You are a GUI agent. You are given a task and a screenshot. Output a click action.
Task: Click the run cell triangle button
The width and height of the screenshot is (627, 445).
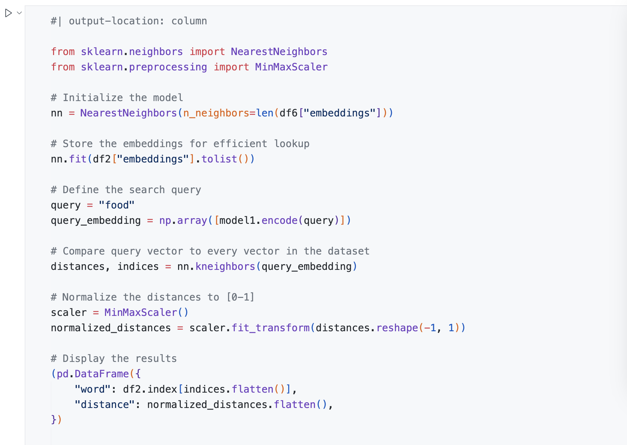(x=8, y=13)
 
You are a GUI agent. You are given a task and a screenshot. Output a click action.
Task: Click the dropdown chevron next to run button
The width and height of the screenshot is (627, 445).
(x=19, y=13)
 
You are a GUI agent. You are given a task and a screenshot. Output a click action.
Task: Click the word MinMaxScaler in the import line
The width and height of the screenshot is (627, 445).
(x=291, y=67)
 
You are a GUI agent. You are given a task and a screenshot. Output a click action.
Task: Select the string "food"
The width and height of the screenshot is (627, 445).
(x=116, y=205)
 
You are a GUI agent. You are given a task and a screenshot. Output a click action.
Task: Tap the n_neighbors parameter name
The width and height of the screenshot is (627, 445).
(x=216, y=113)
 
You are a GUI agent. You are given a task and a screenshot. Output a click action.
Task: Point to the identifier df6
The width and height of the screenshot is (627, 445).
(x=288, y=113)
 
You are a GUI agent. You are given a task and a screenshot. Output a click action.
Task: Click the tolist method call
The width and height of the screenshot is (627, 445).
(x=219, y=159)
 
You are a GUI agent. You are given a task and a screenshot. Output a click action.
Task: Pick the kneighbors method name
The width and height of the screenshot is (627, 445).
(x=225, y=267)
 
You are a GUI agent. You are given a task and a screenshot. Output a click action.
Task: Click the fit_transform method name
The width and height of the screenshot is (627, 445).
(x=270, y=328)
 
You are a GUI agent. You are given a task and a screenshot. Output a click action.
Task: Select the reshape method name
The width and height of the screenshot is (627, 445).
(x=397, y=328)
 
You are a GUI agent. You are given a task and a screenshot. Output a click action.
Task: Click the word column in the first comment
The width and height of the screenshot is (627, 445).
(x=189, y=21)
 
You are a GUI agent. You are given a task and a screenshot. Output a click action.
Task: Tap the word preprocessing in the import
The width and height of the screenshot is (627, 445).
(x=168, y=67)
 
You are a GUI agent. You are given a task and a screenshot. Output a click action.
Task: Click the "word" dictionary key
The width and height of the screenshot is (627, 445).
(x=92, y=389)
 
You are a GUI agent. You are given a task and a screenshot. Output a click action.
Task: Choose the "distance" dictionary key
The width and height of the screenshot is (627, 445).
(x=104, y=405)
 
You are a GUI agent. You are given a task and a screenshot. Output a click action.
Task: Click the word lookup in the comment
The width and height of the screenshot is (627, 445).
(x=292, y=144)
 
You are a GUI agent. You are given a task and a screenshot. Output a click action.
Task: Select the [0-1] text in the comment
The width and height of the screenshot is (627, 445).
(x=240, y=297)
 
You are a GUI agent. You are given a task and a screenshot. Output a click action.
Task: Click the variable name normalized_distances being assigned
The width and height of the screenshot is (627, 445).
(x=111, y=328)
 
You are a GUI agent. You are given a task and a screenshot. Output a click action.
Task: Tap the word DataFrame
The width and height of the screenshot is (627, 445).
(x=102, y=374)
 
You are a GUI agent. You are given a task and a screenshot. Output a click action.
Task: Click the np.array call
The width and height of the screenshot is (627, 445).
(x=183, y=220)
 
